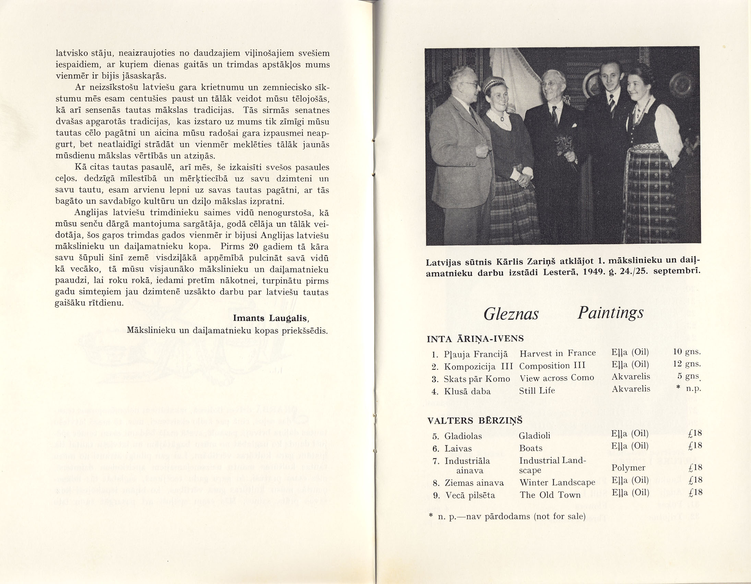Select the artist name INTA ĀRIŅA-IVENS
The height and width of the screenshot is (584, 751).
coord(475,339)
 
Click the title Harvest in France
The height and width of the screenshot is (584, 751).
coord(557,353)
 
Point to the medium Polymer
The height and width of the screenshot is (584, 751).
coord(628,468)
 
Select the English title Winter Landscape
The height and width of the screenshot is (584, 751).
coord(557,482)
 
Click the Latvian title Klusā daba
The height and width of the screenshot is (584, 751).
coord(467,391)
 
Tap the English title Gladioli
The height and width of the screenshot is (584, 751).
coord(534,436)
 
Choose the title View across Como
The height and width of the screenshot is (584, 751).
coord(557,378)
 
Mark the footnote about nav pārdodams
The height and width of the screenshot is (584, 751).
coord(508,516)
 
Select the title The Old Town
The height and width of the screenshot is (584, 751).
coord(550,495)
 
